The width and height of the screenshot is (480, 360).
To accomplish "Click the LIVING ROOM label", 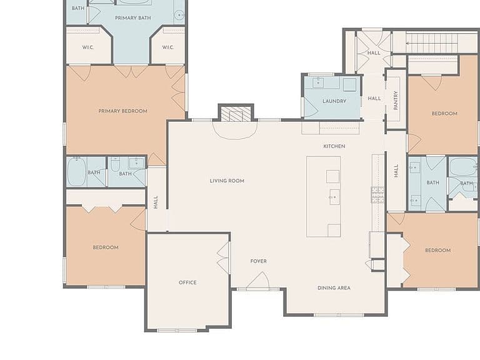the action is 227,181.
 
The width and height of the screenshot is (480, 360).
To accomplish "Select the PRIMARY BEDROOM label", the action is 122,111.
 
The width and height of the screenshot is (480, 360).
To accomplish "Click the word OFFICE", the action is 187,282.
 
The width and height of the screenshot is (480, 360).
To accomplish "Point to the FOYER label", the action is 258,261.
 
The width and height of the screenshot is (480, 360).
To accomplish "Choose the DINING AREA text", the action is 334,287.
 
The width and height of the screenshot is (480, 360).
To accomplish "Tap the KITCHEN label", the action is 334,146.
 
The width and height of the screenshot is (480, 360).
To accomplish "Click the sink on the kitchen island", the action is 334,197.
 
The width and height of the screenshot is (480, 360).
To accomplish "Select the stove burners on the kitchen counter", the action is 377,195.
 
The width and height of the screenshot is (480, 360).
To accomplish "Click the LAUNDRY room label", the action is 334,101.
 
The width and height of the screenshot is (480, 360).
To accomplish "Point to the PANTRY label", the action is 396,100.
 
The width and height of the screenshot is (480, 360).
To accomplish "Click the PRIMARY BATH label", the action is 133,18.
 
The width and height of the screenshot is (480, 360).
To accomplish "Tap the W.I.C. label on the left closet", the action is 88,47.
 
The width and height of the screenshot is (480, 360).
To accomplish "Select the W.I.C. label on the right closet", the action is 167,47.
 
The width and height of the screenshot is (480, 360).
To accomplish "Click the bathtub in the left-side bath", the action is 76,171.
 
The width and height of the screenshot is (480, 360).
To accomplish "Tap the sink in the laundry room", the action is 318,82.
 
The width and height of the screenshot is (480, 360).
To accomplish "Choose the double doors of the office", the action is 224,257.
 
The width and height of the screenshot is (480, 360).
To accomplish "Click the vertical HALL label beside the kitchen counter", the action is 396,171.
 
